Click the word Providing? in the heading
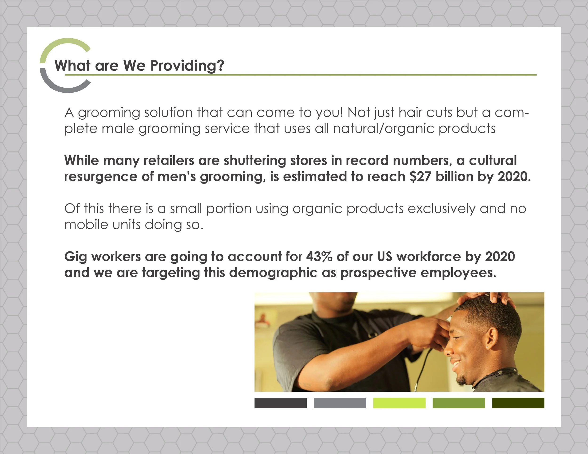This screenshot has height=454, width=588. (187, 66)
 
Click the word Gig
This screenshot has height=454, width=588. (75, 257)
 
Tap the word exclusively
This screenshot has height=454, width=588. (441, 209)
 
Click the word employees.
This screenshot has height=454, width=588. (458, 273)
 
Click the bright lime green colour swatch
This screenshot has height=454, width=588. (399, 403)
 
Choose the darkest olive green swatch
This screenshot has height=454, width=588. (518, 403)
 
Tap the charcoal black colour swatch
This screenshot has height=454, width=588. (281, 403)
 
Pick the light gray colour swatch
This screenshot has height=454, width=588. (340, 403)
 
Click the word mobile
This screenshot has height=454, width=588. (86, 225)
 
